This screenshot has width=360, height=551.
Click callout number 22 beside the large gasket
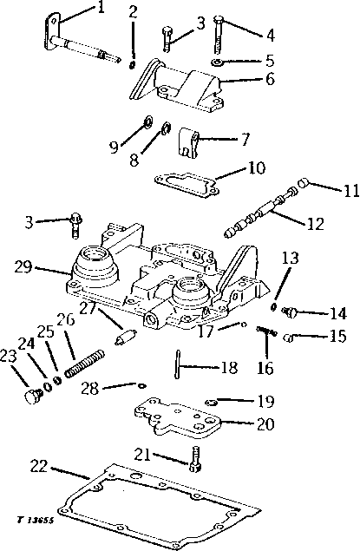point(38,466)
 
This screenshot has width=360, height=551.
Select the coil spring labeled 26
point(85,364)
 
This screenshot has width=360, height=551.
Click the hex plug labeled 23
point(33,396)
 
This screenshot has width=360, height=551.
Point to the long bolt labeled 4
point(218,35)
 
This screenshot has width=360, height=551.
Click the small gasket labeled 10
point(187,185)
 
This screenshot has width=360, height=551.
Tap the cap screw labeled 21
point(196,458)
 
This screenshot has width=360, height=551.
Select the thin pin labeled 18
point(177,364)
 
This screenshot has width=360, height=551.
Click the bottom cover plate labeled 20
point(177,418)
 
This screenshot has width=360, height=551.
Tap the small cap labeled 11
point(304,183)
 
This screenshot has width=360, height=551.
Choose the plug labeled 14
point(291,311)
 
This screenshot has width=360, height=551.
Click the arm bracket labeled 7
point(189,143)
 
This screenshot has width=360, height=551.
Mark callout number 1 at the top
point(101,8)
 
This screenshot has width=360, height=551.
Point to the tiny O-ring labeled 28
point(141,385)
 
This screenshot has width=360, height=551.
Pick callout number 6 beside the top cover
point(270,79)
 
